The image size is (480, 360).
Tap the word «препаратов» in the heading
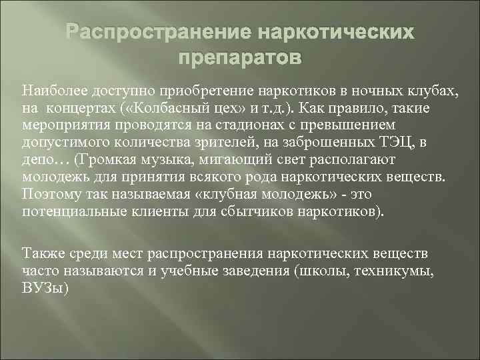[x=239, y=58]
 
